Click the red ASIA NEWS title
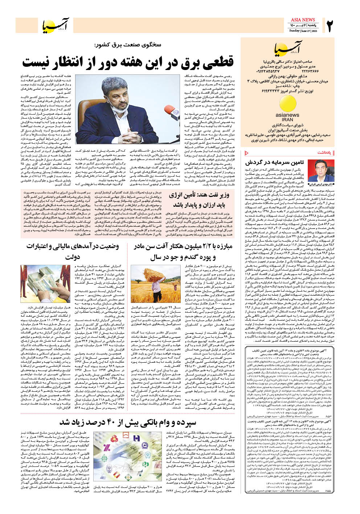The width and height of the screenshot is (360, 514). click(x=303, y=20)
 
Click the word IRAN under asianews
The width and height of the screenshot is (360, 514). click(x=287, y=119)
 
